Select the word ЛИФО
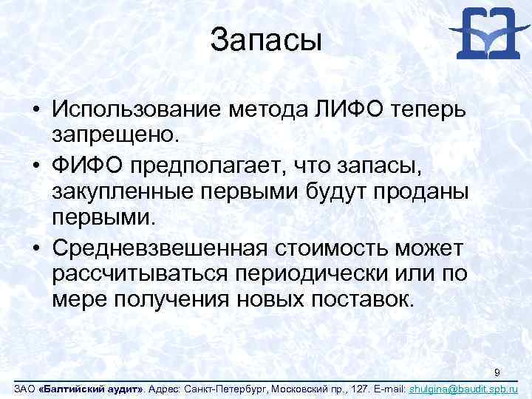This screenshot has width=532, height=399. (x=339, y=110)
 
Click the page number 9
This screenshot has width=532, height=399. (x=498, y=372)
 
